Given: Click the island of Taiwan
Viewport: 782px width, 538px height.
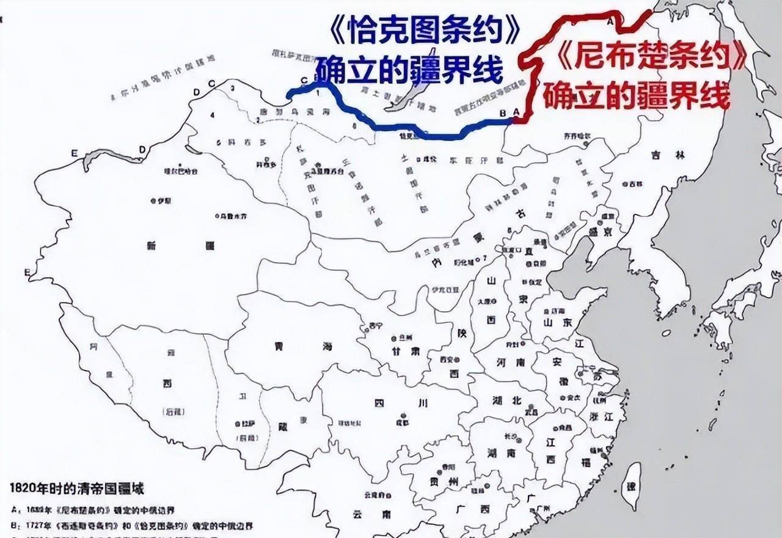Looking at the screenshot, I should point(633,487).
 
